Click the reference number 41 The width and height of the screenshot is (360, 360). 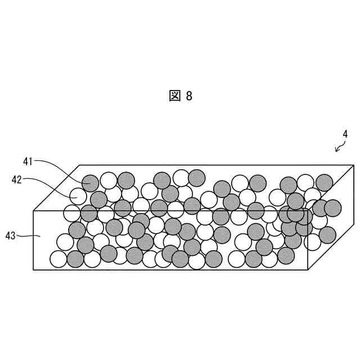(x=28, y=161)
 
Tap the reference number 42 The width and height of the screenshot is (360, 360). (x=17, y=179)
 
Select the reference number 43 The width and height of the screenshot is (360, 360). (x=11, y=236)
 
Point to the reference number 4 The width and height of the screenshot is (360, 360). (x=345, y=134)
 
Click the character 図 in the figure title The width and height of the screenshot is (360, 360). (x=175, y=96)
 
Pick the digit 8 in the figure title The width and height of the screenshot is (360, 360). (x=189, y=96)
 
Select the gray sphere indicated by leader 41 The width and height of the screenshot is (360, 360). (x=90, y=183)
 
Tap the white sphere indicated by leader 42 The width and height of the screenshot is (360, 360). (x=78, y=196)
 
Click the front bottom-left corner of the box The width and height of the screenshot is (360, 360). (x=34, y=270)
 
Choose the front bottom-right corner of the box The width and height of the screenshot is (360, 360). (x=308, y=270)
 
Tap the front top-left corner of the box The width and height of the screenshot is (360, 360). (x=34, y=211)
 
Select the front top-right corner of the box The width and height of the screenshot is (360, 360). (x=308, y=211)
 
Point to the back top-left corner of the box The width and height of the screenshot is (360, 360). (x=80, y=165)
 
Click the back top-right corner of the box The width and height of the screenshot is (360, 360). (x=354, y=165)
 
